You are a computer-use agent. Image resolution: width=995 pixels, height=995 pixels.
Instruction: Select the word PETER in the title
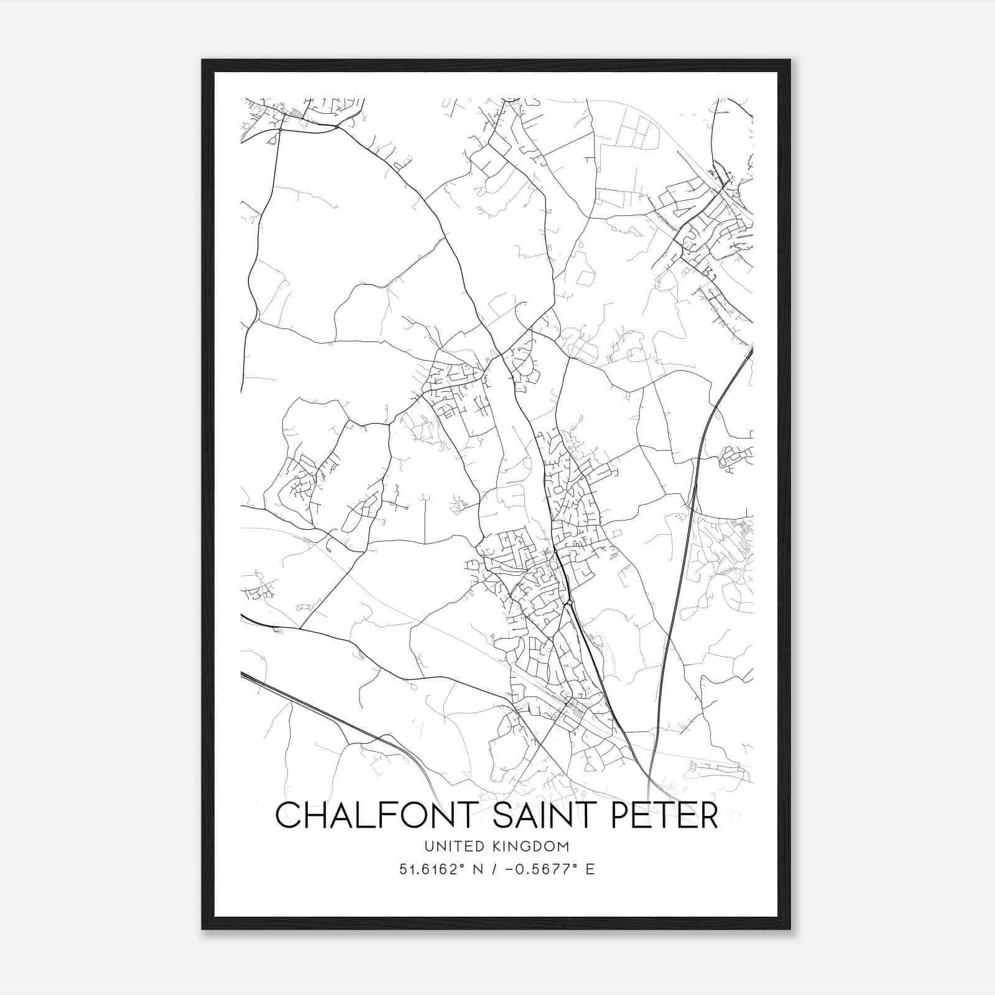[x=665, y=815]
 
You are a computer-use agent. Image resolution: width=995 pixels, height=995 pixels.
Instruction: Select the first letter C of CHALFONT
[x=287, y=815]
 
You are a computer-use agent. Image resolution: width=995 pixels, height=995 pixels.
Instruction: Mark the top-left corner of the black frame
[x=203, y=60]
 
